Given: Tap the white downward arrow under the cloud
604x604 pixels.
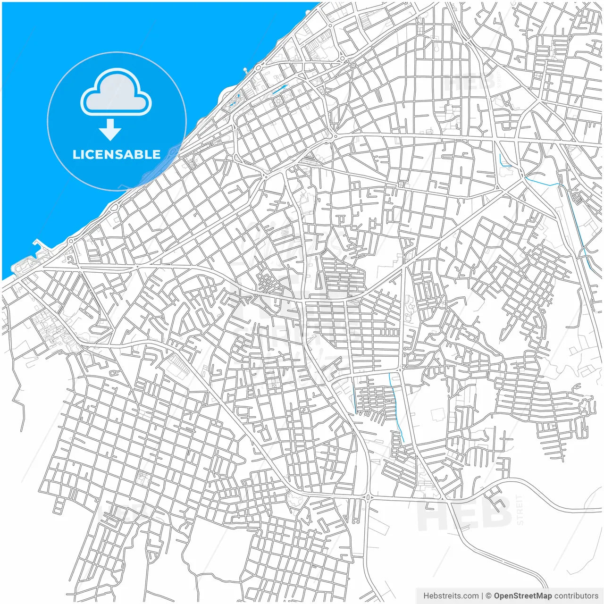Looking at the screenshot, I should point(110,130).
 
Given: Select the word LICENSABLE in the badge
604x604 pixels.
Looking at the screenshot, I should point(117,155).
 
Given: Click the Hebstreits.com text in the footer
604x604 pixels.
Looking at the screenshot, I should point(444,596).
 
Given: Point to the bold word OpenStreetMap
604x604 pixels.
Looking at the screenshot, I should point(523,596).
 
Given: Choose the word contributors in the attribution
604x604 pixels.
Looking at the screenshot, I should point(576,596).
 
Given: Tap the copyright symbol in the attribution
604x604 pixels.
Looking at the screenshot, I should point(488,596).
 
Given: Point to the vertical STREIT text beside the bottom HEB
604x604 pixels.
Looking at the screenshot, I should point(520,510).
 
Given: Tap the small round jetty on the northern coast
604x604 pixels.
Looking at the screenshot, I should point(245,71).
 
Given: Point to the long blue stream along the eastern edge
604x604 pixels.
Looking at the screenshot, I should point(578,226).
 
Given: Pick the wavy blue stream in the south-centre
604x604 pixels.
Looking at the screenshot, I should point(396,406).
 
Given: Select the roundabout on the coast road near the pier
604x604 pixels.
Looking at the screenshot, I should point(71,241).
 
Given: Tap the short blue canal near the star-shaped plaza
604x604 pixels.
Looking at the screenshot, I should point(280,89).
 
